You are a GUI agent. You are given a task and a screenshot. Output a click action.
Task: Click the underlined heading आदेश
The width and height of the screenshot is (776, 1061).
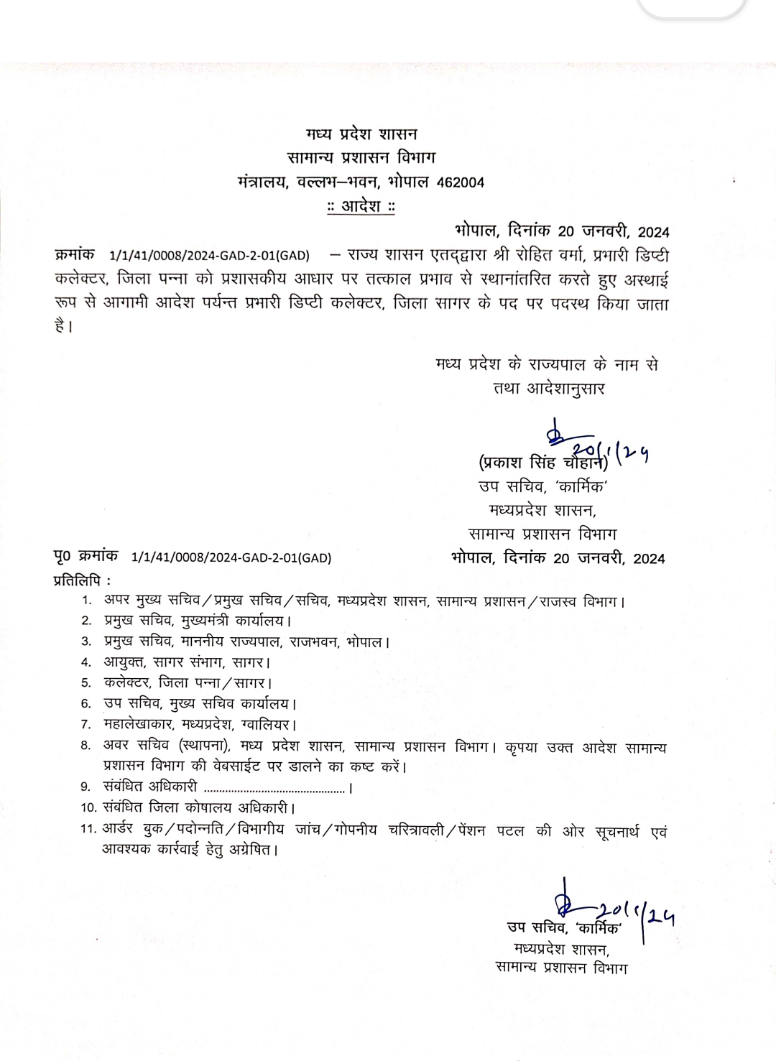pyautogui.click(x=361, y=207)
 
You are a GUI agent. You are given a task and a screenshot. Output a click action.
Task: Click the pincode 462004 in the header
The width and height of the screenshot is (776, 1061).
pyautogui.click(x=461, y=182)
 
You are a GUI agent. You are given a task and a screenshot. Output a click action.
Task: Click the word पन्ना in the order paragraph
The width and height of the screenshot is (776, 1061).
pyautogui.click(x=175, y=279)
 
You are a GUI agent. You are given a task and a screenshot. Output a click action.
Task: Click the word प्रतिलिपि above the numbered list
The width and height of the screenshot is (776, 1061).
pyautogui.click(x=79, y=579)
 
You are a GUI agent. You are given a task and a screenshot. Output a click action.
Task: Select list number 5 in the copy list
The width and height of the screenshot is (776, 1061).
pyautogui.click(x=86, y=683)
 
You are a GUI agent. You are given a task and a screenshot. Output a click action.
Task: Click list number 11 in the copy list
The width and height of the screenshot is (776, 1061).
pyautogui.click(x=88, y=830)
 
